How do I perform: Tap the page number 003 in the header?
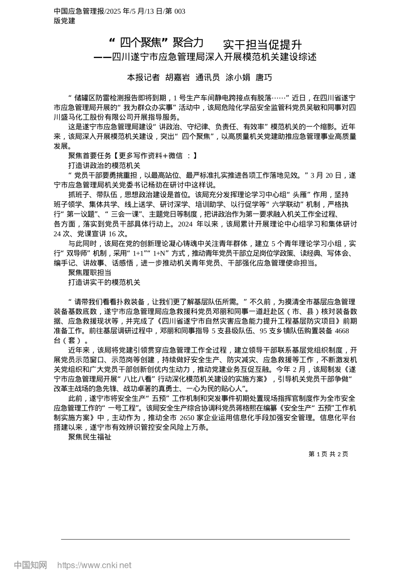point(180,11)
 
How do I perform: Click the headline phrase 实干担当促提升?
point(262,45)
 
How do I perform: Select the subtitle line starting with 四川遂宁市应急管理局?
point(214,57)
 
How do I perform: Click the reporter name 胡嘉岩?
point(178,78)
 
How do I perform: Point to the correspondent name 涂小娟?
point(238,78)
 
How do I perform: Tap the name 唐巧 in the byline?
point(264,78)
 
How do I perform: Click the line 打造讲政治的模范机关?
point(104,165)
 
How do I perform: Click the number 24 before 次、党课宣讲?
point(58,234)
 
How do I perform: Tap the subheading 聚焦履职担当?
point(90,272)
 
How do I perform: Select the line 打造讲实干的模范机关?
point(104,282)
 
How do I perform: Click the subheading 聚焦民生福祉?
point(90,437)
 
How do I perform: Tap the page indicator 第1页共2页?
point(328,454)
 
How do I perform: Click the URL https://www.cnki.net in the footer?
point(94,565)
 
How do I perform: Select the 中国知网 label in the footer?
point(31,565)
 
